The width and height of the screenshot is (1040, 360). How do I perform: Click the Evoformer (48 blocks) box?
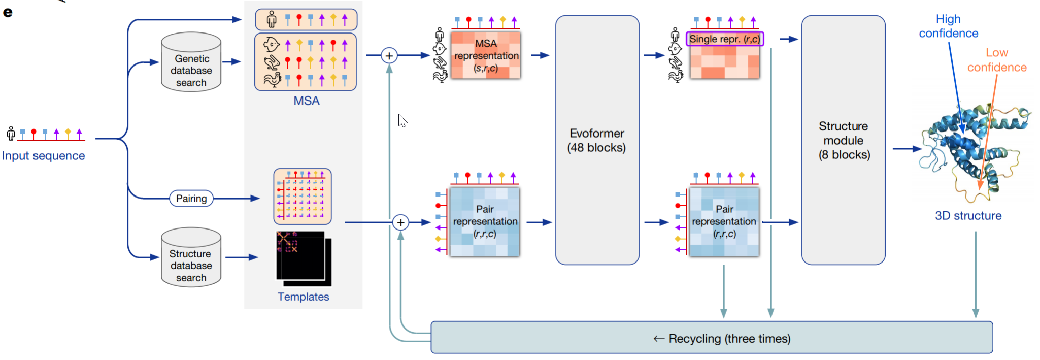click(597, 140)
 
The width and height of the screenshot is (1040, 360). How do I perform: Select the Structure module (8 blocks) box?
click(843, 140)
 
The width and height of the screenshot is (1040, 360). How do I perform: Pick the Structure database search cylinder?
click(191, 258)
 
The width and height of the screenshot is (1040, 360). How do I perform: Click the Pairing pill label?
click(191, 199)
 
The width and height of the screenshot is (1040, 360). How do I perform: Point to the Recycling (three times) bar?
click(711, 338)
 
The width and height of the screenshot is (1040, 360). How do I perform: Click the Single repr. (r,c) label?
click(724, 39)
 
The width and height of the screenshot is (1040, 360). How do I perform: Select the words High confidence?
click(948, 26)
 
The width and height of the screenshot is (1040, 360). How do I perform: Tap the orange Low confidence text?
click(996, 60)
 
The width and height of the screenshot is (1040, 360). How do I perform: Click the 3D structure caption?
click(968, 216)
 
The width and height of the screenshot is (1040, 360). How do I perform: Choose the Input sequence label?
click(43, 156)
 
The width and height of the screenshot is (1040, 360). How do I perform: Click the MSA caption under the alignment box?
click(307, 101)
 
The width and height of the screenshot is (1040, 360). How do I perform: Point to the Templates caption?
click(303, 297)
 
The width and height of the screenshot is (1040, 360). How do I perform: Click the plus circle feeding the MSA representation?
click(389, 55)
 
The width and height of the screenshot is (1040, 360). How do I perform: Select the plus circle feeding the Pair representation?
click(400, 222)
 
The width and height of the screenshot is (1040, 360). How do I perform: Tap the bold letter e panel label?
click(8, 12)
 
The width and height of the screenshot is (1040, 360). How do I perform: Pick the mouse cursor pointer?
click(402, 120)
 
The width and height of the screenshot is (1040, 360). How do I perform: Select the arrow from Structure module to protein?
click(907, 149)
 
